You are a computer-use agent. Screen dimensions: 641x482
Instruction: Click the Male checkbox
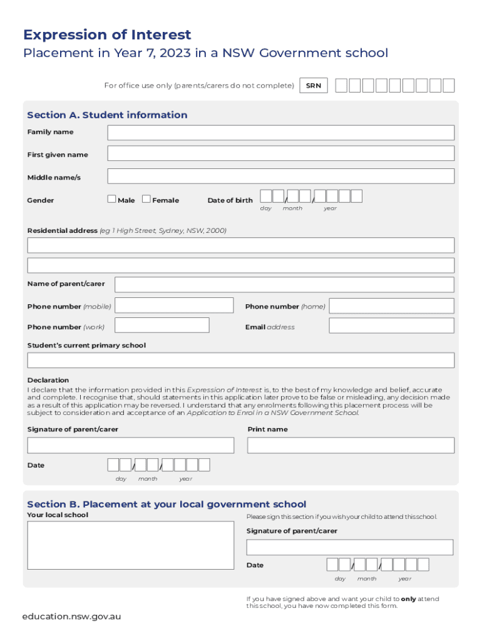click(x=111, y=200)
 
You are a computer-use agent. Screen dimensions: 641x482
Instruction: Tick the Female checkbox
click(x=146, y=200)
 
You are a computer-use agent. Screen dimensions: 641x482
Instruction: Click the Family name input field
click(x=280, y=133)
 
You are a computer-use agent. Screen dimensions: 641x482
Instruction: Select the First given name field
click(x=280, y=154)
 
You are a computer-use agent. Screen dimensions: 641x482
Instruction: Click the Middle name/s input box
click(x=280, y=177)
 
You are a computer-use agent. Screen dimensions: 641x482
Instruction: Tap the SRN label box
click(x=314, y=86)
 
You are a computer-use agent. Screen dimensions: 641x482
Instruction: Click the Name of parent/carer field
click(x=284, y=285)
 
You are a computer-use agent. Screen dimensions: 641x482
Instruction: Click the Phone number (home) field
click(x=391, y=306)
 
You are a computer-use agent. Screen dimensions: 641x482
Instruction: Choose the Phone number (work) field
click(x=162, y=326)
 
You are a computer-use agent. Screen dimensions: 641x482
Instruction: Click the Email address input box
click(x=391, y=326)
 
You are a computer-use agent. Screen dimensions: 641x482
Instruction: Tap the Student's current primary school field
click(x=240, y=361)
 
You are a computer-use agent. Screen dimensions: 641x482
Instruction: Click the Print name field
click(x=351, y=446)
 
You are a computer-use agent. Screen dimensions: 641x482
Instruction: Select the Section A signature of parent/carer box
click(x=130, y=446)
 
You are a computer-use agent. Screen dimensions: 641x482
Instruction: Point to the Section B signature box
click(x=349, y=547)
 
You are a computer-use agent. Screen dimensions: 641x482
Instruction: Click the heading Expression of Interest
click(x=107, y=34)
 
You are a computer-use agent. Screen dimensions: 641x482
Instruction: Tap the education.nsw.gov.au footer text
click(x=71, y=617)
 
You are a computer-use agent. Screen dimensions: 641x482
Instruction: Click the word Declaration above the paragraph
click(x=48, y=380)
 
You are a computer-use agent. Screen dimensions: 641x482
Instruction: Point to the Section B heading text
click(x=167, y=504)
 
